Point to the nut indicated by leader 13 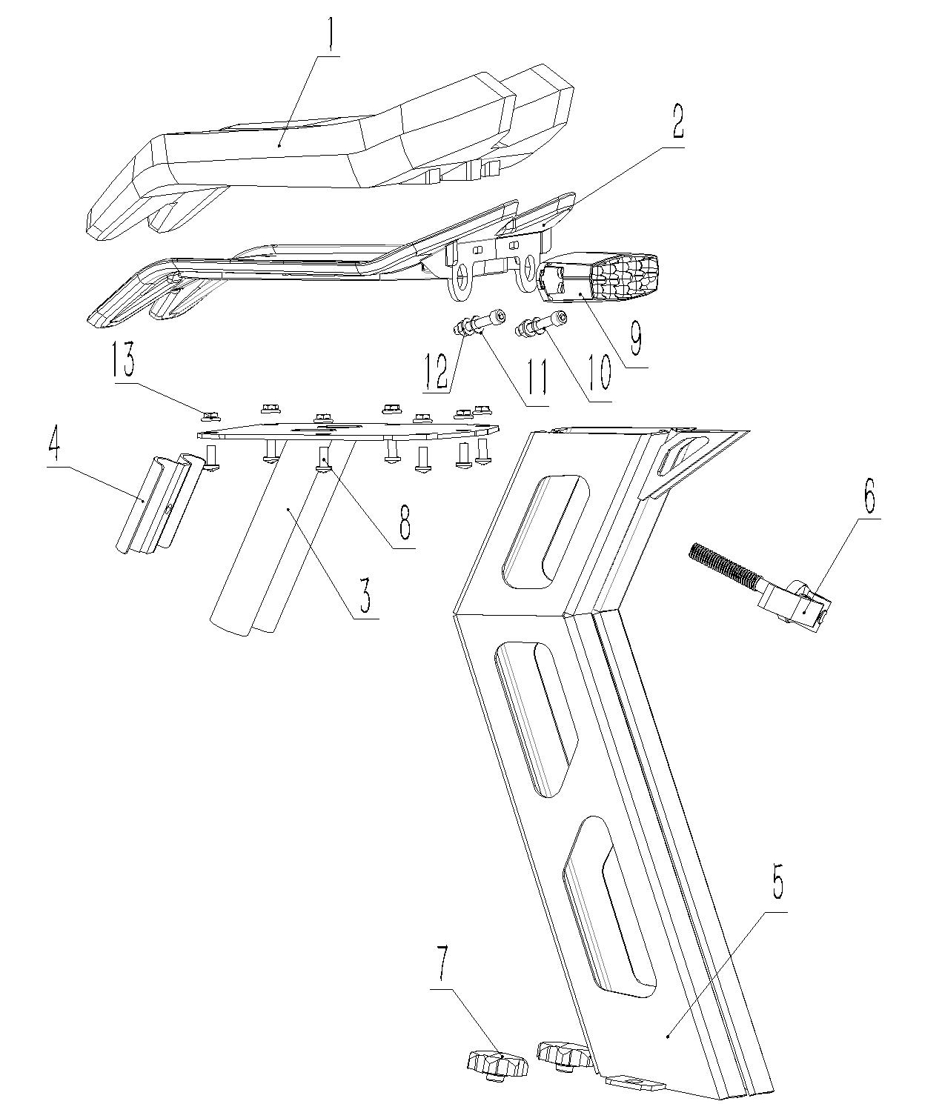pyautogui.click(x=210, y=415)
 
